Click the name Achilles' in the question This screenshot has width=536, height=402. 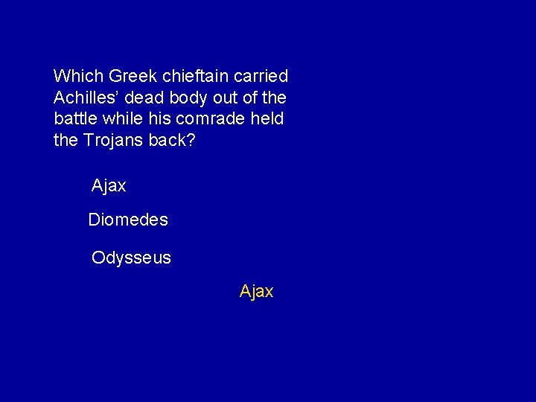click(86, 98)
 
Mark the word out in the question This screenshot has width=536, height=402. click(229, 98)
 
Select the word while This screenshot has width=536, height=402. click(127, 119)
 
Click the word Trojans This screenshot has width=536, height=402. click(113, 140)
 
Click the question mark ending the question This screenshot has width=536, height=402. click(191, 140)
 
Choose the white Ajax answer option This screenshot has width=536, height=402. click(109, 186)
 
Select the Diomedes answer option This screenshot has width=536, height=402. click(128, 220)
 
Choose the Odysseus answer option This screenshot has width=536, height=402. click(131, 258)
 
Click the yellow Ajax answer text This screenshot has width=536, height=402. click(256, 292)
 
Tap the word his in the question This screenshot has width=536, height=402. click(164, 119)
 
